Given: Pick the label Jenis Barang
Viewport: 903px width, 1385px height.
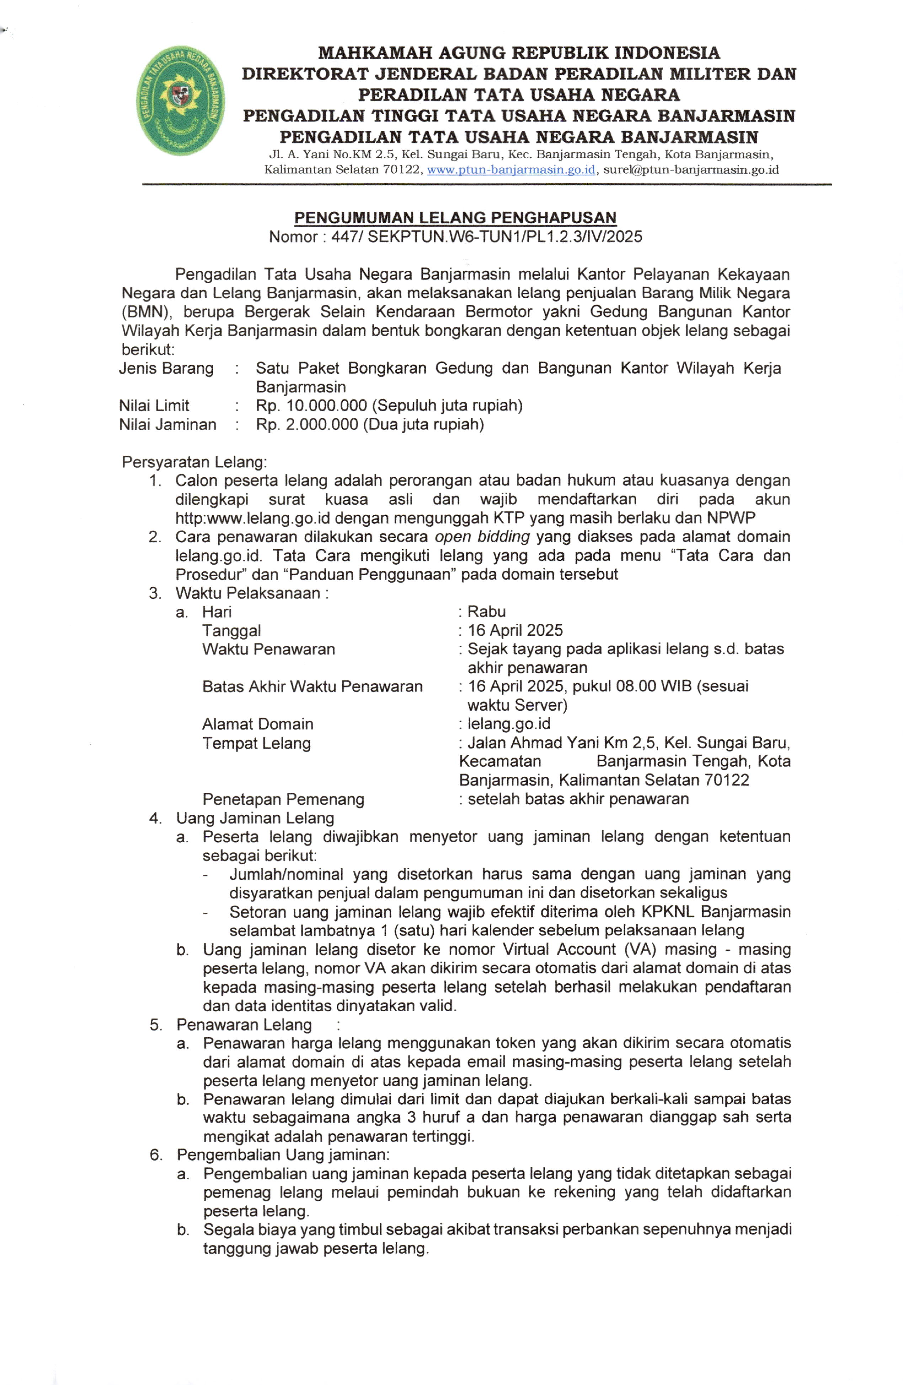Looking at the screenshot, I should click(x=166, y=368).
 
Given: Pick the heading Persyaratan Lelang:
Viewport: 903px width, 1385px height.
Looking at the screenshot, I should click(x=194, y=462).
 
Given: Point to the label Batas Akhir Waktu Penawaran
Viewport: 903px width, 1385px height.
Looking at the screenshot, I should click(x=312, y=687).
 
